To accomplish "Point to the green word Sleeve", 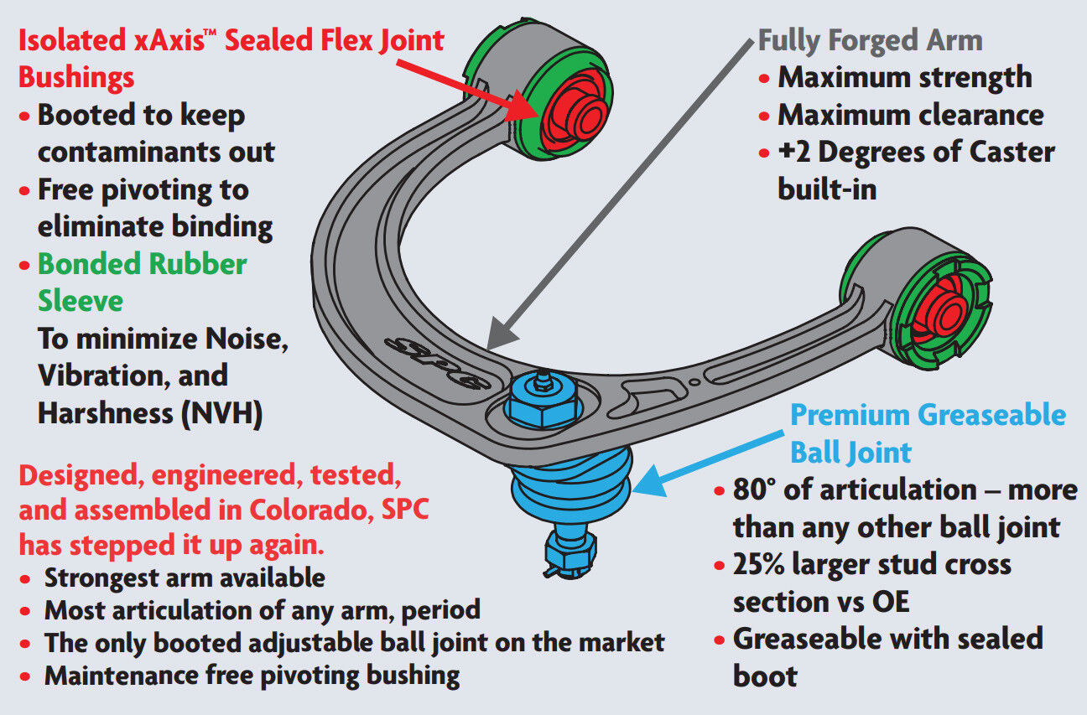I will click(81, 300).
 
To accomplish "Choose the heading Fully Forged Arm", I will click(870, 40).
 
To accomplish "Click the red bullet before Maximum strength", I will click(764, 78).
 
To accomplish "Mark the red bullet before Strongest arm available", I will click(29, 578).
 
